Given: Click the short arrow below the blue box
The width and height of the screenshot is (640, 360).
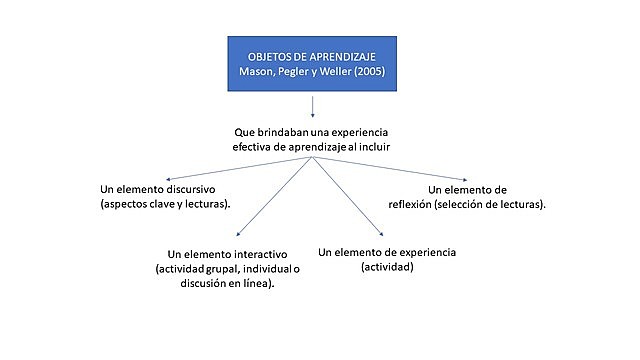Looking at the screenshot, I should point(313,106).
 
